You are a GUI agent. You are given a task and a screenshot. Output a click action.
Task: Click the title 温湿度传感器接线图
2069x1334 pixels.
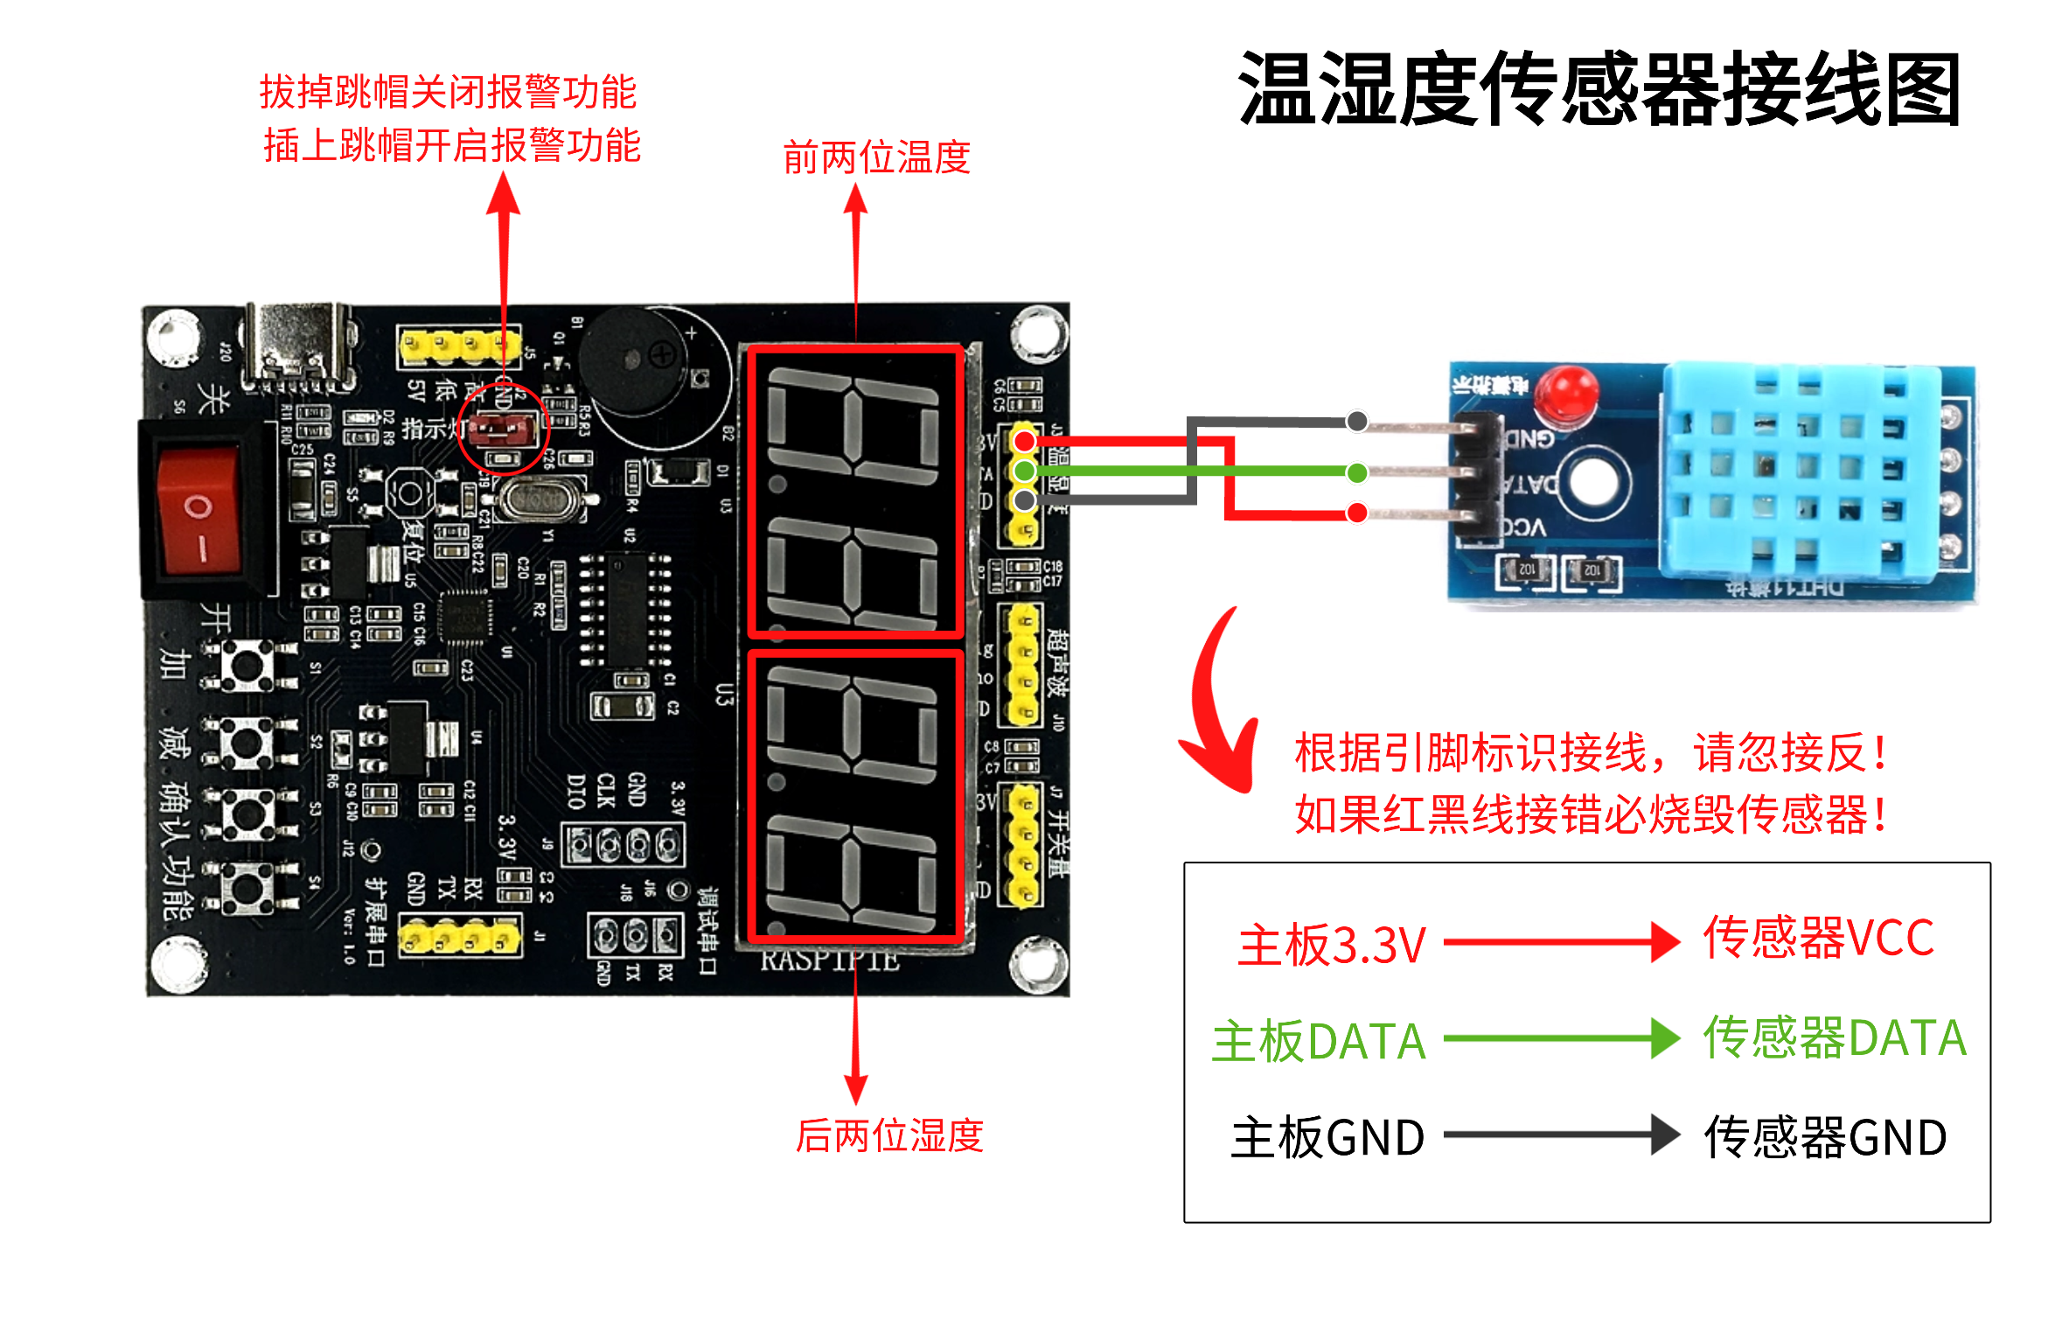point(1599,89)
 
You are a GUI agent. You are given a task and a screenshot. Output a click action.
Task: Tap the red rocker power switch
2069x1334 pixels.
point(199,510)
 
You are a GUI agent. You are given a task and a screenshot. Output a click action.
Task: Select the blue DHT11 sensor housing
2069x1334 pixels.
point(1801,472)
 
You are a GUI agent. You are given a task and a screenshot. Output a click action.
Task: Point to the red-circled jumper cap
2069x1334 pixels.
point(502,429)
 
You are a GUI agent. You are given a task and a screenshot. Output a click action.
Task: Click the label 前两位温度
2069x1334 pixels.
point(876,157)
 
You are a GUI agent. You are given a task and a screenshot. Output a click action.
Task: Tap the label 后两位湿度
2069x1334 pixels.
point(889,1135)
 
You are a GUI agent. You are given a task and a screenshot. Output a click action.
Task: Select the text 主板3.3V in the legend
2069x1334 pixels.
point(1331,945)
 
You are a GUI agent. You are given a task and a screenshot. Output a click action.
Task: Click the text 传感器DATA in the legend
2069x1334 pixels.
point(1834,1038)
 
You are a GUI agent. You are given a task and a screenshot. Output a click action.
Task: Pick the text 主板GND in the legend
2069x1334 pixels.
point(1327,1137)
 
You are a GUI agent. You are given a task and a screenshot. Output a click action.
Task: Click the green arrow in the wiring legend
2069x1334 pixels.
point(1561,1038)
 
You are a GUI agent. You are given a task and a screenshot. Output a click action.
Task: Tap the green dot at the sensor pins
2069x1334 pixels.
point(1356,473)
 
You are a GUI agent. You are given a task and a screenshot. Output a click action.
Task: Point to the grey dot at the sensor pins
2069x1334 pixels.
point(1356,422)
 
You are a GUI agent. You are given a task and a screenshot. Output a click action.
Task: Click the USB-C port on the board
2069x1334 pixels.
point(299,346)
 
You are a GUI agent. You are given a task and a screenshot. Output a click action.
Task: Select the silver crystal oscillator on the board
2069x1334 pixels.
point(537,500)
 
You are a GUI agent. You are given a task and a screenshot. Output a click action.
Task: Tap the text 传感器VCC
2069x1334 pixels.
point(1818,938)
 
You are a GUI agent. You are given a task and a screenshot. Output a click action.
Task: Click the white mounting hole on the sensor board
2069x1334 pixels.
point(1599,480)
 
